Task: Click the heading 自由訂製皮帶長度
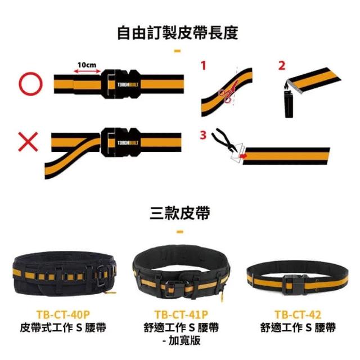178,33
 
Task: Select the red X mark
28,142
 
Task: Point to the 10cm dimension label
87,65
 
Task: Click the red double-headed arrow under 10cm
87,71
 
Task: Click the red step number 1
204,65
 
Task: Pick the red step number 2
282,65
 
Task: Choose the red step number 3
203,135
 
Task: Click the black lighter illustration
289,103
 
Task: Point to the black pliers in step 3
224,139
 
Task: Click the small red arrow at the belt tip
242,156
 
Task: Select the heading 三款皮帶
180,213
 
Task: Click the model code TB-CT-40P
63,315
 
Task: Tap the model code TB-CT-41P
181,315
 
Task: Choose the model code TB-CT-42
298,315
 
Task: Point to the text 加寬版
184,340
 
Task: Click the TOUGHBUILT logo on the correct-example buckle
128,84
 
